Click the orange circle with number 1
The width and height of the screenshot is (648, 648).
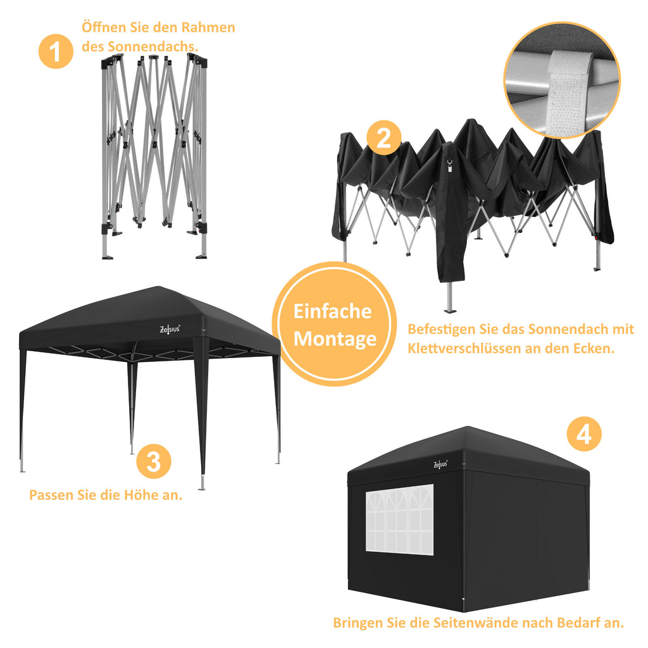click(x=56, y=51)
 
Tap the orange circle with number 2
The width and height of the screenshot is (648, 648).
click(x=383, y=138)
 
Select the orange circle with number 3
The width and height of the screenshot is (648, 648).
click(x=154, y=461)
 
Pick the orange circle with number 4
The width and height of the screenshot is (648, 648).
click(x=583, y=435)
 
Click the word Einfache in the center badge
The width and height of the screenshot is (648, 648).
click(x=332, y=311)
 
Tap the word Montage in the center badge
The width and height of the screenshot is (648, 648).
click(x=335, y=339)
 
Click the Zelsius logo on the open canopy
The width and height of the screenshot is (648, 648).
click(x=170, y=328)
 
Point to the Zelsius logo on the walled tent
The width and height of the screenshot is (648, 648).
click(x=440, y=464)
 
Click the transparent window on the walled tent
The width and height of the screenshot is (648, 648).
click(x=399, y=520)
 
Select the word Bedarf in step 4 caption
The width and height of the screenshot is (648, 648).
click(x=579, y=623)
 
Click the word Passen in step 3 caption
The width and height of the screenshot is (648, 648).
click(x=52, y=494)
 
